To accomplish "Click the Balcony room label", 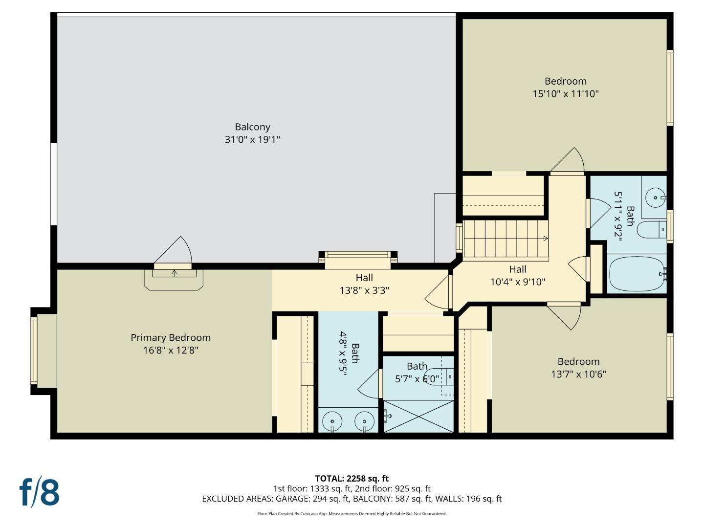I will pyautogui.click(x=252, y=127).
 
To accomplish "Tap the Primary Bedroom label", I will pyautogui.click(x=171, y=338).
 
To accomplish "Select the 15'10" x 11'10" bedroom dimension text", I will pyautogui.click(x=565, y=94).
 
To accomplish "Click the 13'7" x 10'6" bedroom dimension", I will pyautogui.click(x=578, y=374).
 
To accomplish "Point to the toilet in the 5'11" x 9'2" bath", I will pyautogui.click(x=652, y=229).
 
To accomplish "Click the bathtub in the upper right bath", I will pyautogui.click(x=637, y=274).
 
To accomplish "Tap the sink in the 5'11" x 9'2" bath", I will pyautogui.click(x=654, y=198).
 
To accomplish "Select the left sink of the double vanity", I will pyautogui.click(x=332, y=421).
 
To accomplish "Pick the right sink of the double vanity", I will pyautogui.click(x=364, y=421).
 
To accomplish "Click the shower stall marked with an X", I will pyautogui.click(x=419, y=417).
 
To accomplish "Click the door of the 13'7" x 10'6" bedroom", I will pyautogui.click(x=566, y=315).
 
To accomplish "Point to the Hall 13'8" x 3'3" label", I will pyautogui.click(x=364, y=284).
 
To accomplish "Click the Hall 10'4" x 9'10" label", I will pyautogui.click(x=517, y=276).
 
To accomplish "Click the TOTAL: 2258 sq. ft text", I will pyautogui.click(x=352, y=479).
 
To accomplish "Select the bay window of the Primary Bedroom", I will pyautogui.click(x=34, y=350).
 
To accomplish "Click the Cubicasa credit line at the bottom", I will pyautogui.click(x=352, y=514).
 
